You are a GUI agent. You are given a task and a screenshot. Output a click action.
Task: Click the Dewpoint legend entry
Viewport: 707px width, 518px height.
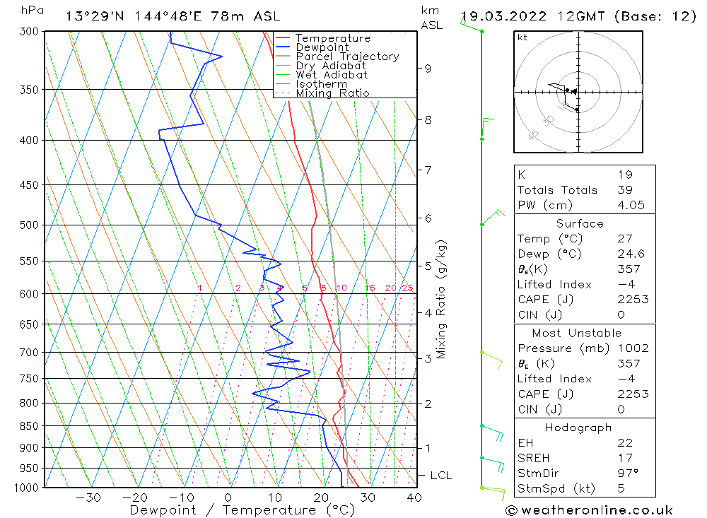coord(322,47)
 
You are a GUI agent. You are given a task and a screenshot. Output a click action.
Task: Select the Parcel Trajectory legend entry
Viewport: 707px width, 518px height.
coord(346,57)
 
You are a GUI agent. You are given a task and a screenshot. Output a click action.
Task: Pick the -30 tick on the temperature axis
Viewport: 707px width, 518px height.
coord(90,498)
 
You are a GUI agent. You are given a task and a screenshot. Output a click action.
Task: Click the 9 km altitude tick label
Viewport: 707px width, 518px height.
coord(428,69)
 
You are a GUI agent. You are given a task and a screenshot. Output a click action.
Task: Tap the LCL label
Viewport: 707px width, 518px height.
coord(440,476)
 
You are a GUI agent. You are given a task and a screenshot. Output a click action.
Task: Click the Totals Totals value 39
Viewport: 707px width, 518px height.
coord(624,190)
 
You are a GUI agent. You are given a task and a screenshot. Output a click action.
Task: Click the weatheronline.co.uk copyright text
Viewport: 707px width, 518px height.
coord(589,510)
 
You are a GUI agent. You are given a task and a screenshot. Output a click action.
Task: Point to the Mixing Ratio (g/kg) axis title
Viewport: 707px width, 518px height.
coord(441,300)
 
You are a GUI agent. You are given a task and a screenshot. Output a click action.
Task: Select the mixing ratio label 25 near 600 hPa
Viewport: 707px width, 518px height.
coord(407,288)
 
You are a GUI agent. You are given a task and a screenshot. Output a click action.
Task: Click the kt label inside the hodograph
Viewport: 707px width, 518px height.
coord(522,37)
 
